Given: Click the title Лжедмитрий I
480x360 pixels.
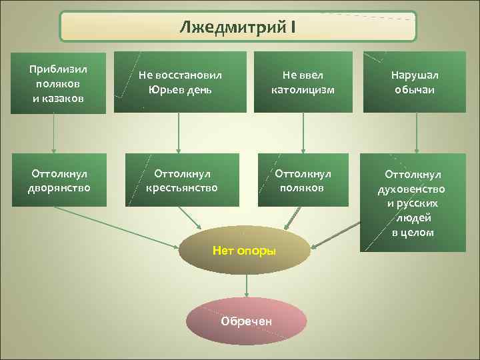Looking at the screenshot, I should pos(238,27).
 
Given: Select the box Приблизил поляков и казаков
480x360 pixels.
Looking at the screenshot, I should pos(58,83).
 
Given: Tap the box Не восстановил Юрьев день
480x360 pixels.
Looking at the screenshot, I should pos(176,82).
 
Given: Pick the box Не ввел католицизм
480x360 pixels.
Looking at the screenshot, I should pos(303,82).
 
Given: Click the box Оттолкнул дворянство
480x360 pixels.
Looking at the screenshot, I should pos(59,180).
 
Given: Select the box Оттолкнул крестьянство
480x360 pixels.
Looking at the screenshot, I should pos(181,180).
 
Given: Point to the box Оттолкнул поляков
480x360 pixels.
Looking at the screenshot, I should pos(303,180).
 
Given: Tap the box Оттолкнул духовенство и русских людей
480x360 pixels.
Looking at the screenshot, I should pos(413,203).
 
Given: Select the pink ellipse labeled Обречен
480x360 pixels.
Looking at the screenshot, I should pos(247,321).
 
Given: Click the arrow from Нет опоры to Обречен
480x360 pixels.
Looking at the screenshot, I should pos(247,285).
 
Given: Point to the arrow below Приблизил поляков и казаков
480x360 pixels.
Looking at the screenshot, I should pos(54,133).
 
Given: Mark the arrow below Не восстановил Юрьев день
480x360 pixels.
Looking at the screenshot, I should pos(178,133).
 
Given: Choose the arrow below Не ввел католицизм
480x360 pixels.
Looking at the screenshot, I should pos(303,133).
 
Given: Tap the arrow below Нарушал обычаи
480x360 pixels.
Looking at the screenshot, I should pos(417,133).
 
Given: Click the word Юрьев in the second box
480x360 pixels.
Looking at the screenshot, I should pos(165,89).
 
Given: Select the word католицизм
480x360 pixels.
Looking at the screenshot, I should pos(303,89).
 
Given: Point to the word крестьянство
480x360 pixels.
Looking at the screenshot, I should pos(181,188).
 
